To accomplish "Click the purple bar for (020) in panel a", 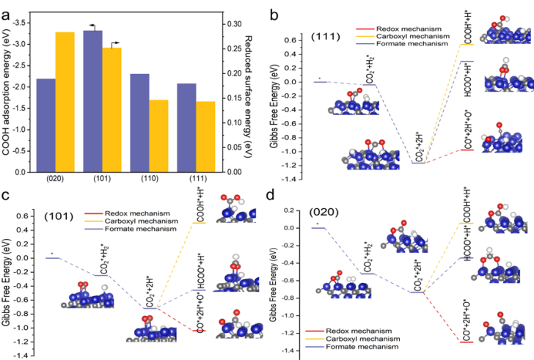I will coord(45,125).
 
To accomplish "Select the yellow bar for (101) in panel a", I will coord(112,110).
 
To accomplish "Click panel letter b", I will coord(274,14).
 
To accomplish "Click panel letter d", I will coord(274,196).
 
